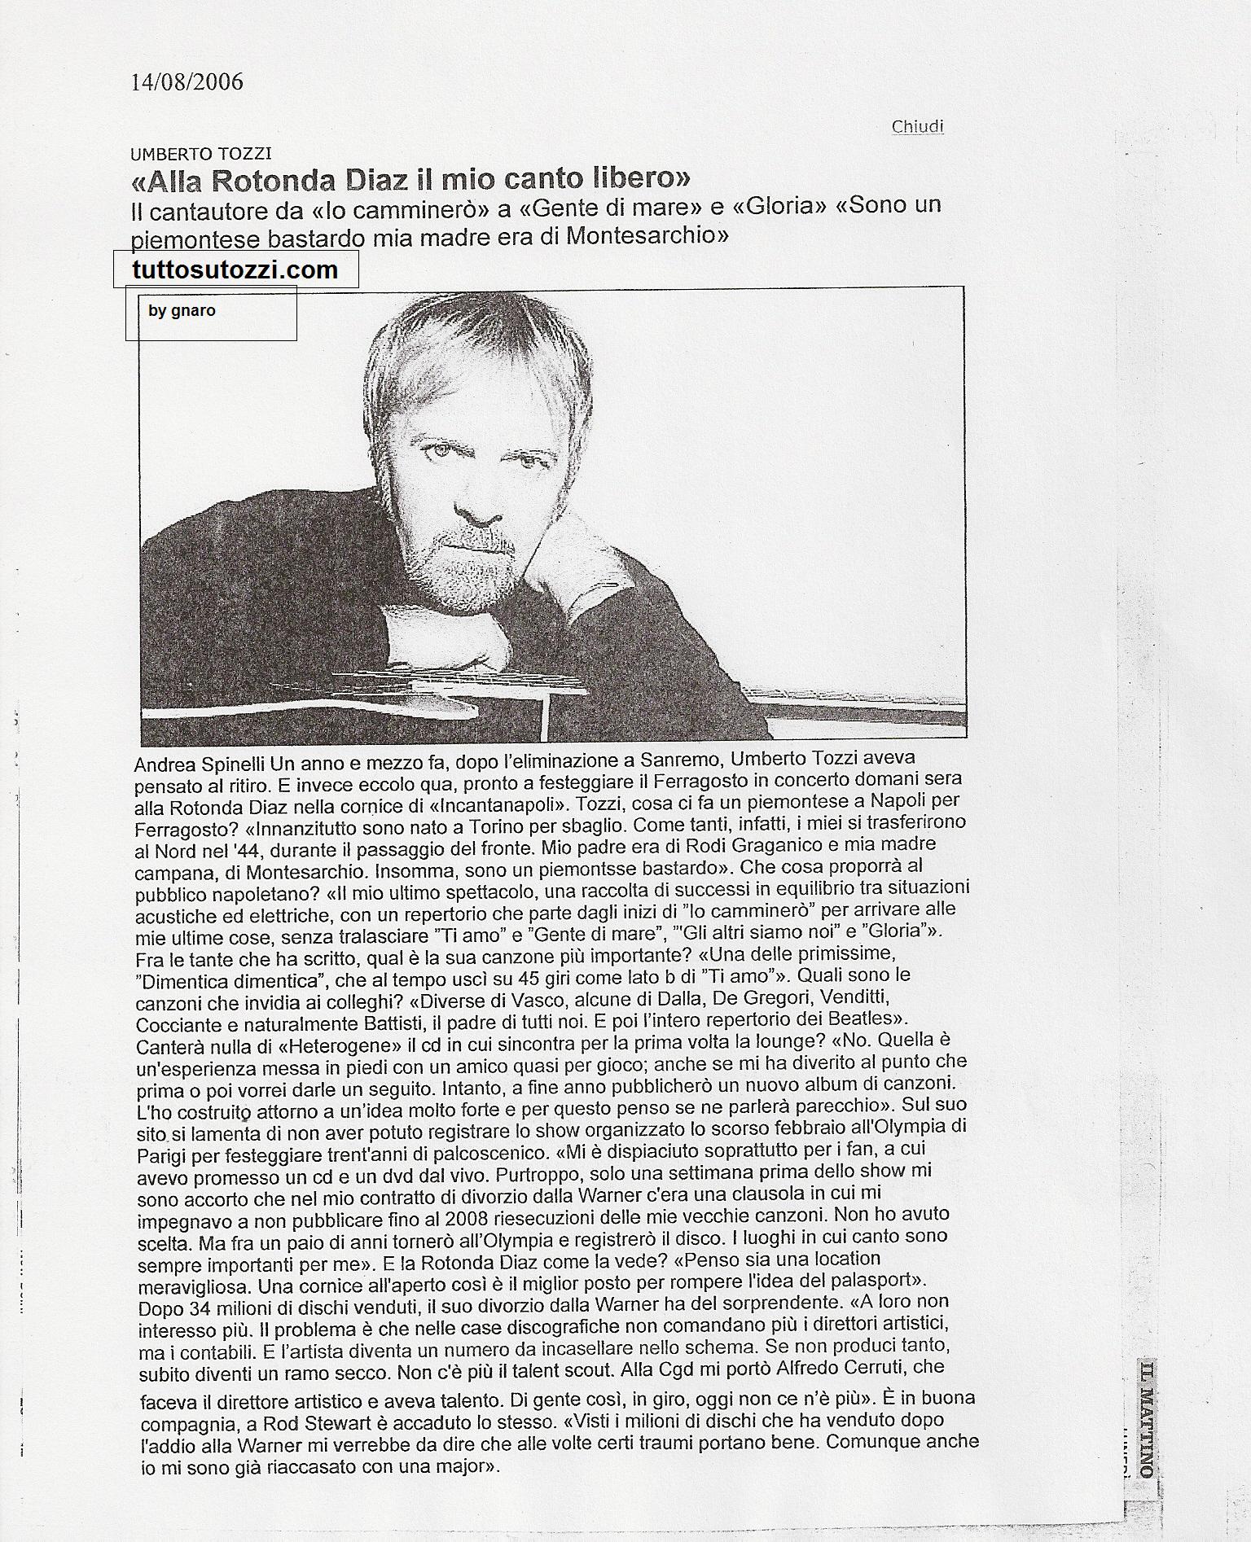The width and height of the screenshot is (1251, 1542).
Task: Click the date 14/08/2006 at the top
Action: pyautogui.click(x=187, y=82)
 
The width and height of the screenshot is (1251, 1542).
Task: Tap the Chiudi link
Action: pyautogui.click(x=917, y=126)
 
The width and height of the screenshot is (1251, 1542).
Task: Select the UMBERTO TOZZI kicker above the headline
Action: pyautogui.click(x=201, y=153)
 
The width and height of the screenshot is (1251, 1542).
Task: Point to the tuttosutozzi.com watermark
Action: pyautogui.click(x=235, y=269)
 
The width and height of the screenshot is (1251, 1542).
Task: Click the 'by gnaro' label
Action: pyautogui.click(x=182, y=310)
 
